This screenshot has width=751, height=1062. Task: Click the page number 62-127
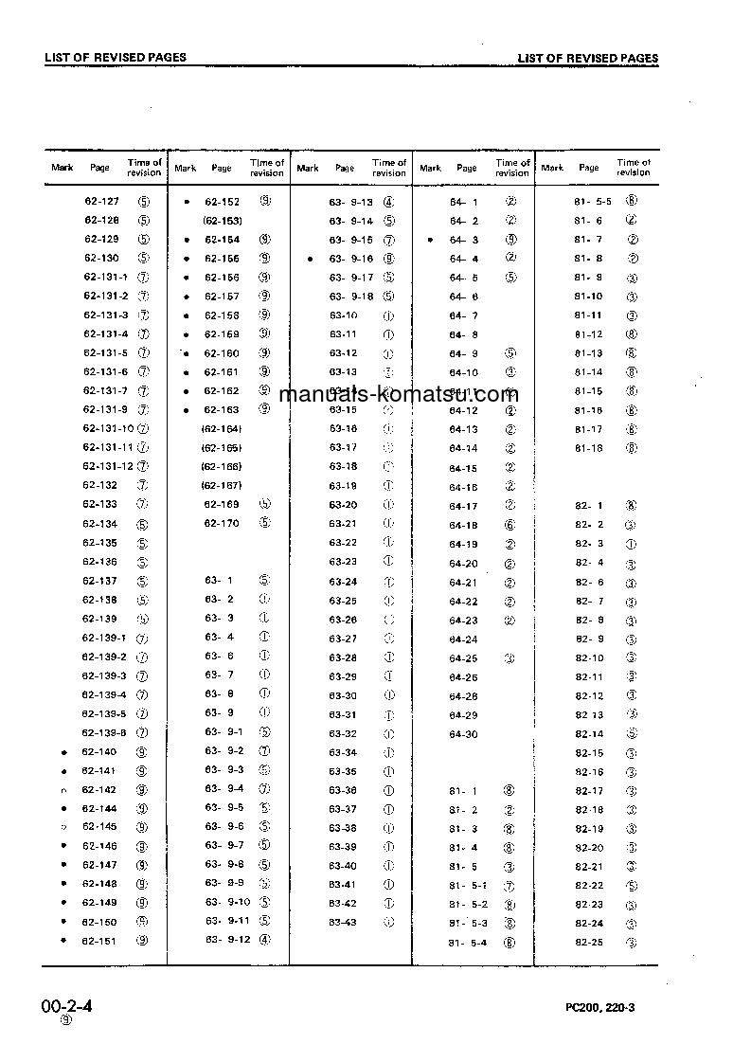101,202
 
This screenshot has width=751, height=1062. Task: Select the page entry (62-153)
222,221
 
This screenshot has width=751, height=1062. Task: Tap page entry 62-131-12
108,466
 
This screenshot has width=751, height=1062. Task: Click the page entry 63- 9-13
350,202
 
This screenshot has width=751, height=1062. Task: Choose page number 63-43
343,923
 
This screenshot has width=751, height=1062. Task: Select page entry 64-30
463,734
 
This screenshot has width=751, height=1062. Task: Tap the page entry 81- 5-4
469,943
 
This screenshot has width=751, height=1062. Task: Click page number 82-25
589,943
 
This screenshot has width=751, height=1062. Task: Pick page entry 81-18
588,448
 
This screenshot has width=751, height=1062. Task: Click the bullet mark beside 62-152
187,202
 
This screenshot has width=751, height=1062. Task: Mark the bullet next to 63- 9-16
310,259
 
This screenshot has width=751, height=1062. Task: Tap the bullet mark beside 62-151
63,941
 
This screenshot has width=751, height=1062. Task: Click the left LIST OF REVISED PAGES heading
116,57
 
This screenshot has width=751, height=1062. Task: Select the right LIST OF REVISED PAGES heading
587,58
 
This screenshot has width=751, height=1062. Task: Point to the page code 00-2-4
66,1005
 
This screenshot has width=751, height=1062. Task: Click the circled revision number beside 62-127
144,202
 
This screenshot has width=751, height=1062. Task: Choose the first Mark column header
63,168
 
